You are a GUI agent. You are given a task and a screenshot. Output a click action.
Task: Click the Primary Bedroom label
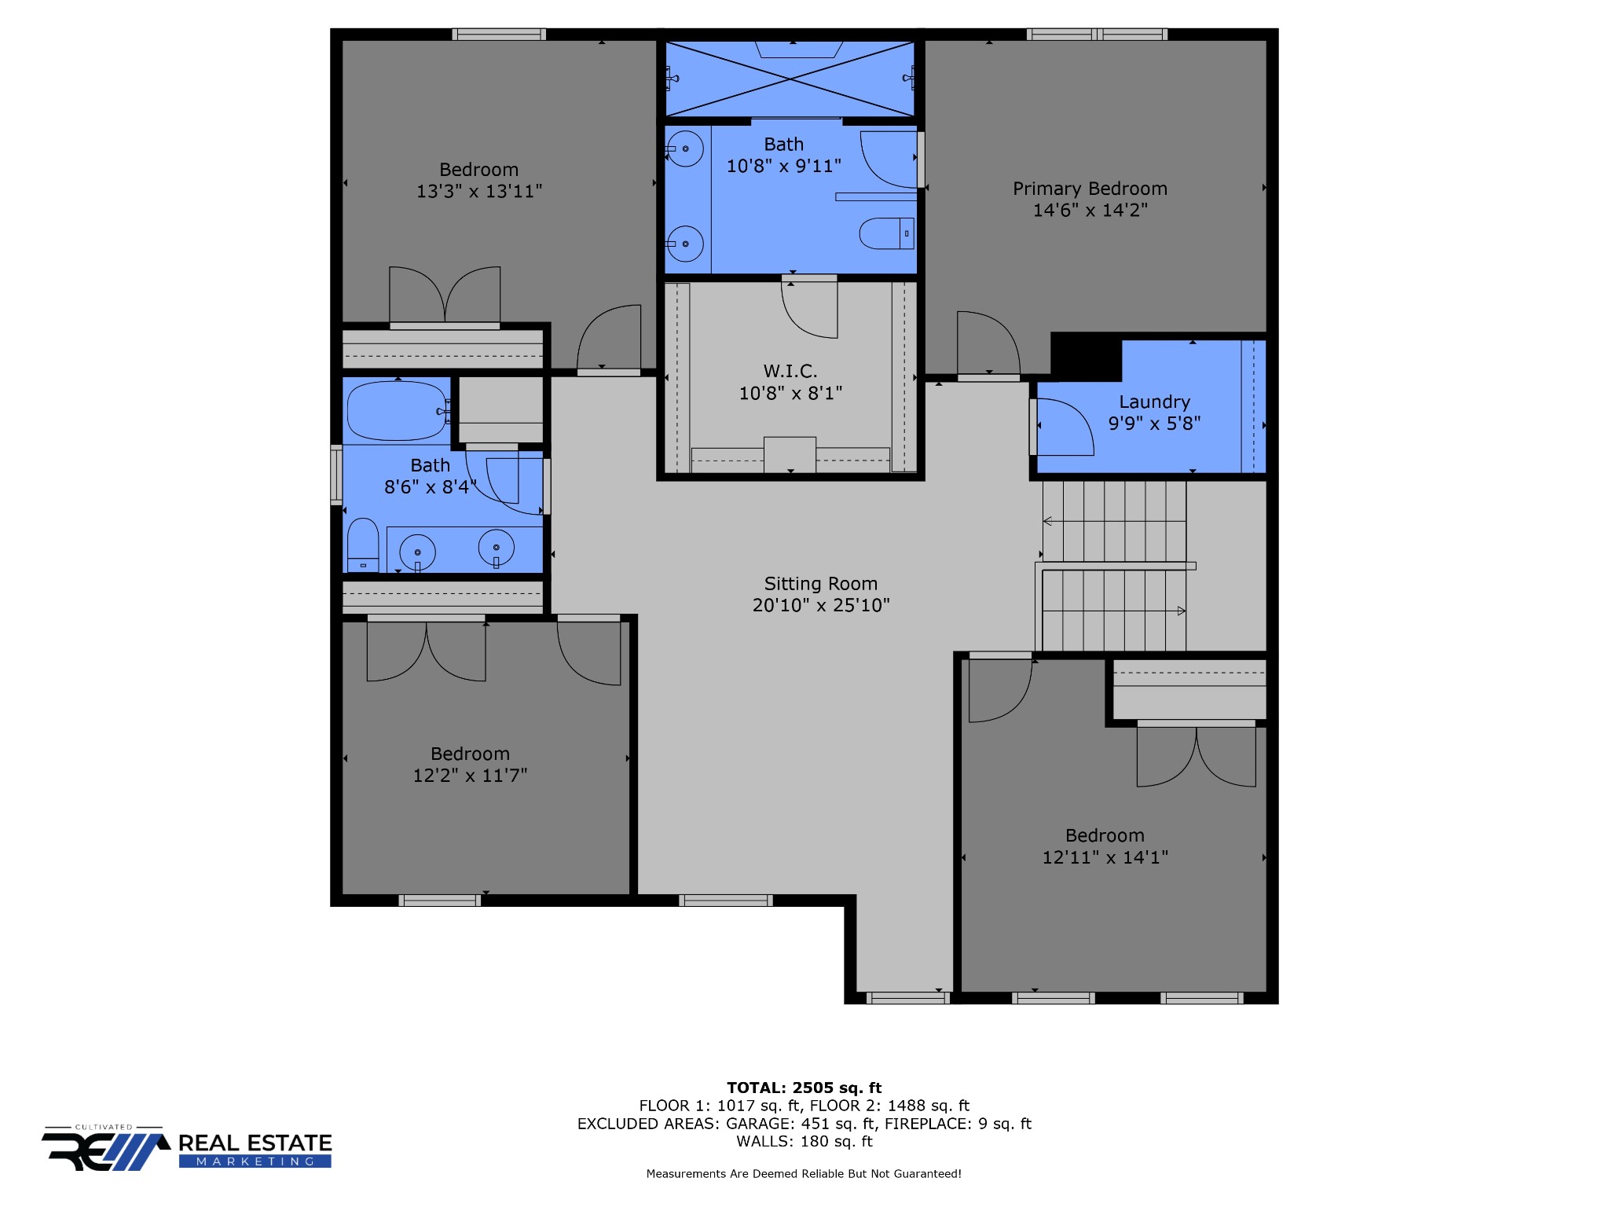coord(1090,189)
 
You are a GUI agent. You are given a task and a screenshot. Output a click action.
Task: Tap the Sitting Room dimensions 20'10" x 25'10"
coord(821,605)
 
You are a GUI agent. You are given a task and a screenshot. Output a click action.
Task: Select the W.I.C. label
coord(790,371)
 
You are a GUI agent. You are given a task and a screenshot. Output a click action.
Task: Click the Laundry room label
coord(1154,402)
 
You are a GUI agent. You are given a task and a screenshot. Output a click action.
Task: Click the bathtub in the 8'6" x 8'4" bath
coord(397,411)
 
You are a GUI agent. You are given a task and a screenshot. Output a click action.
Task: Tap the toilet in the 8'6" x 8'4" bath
coord(363,545)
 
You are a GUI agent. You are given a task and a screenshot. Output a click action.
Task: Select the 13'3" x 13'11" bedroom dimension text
coord(479,191)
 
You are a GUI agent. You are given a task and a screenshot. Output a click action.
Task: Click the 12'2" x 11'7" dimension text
coord(470,776)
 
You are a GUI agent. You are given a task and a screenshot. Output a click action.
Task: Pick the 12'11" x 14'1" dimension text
coord(1105,857)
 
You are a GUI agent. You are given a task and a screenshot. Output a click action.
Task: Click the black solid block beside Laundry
coord(1086,356)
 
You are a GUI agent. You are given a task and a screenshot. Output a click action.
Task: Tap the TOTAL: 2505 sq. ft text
coord(804,1088)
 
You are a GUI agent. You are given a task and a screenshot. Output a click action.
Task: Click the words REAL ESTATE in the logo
coord(255,1143)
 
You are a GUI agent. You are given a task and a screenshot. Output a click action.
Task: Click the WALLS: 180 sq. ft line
coord(804,1141)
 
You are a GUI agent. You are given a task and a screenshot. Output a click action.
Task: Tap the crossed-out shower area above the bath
coord(790,79)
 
